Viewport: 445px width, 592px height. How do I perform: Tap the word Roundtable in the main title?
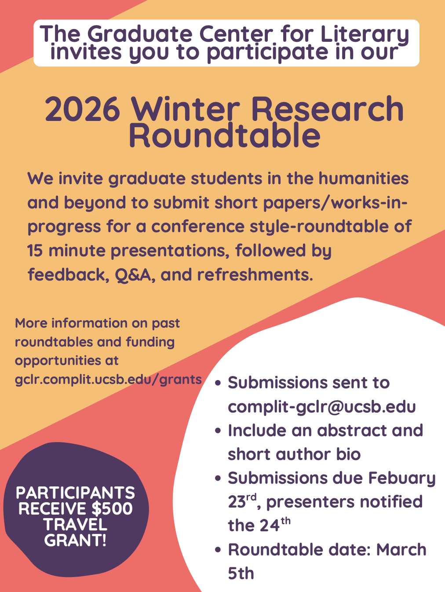(x=225, y=134)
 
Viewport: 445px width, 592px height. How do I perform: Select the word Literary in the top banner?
(x=365, y=34)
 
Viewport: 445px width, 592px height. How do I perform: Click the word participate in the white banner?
(x=267, y=53)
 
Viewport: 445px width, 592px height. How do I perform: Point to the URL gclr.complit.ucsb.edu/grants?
(x=108, y=379)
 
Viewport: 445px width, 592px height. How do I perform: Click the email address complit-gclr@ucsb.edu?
(x=322, y=407)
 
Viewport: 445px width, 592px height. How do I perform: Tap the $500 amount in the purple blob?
(x=112, y=509)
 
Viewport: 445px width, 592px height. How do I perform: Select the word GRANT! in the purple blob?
(x=76, y=540)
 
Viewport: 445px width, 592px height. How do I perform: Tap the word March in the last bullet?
(x=401, y=550)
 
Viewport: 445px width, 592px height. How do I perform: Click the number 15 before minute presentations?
(x=35, y=251)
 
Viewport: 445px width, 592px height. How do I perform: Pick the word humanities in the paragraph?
(x=364, y=178)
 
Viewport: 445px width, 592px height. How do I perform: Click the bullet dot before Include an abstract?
(x=218, y=431)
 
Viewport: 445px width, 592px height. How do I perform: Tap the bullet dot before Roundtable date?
(x=218, y=550)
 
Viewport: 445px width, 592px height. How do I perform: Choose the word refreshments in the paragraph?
(x=255, y=274)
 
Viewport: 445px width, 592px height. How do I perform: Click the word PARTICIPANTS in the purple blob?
(x=76, y=493)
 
